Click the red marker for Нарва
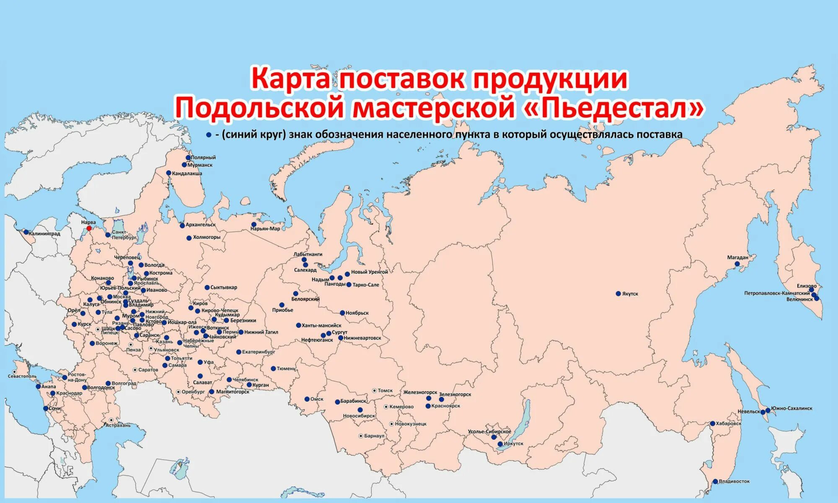[89, 228]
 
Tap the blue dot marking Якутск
[618, 293]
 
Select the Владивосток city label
[734, 481]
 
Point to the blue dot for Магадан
[737, 264]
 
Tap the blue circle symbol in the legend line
[208, 135]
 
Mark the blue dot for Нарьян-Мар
[253, 224]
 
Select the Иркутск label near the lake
[513, 443]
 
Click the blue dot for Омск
[307, 399]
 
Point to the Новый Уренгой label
[369, 272]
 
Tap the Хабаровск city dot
[712, 423]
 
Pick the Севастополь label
[22, 376]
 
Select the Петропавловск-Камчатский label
[777, 293]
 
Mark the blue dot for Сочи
[46, 408]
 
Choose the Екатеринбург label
[258, 352]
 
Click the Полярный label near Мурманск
[203, 158]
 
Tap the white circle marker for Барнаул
[361, 436]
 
